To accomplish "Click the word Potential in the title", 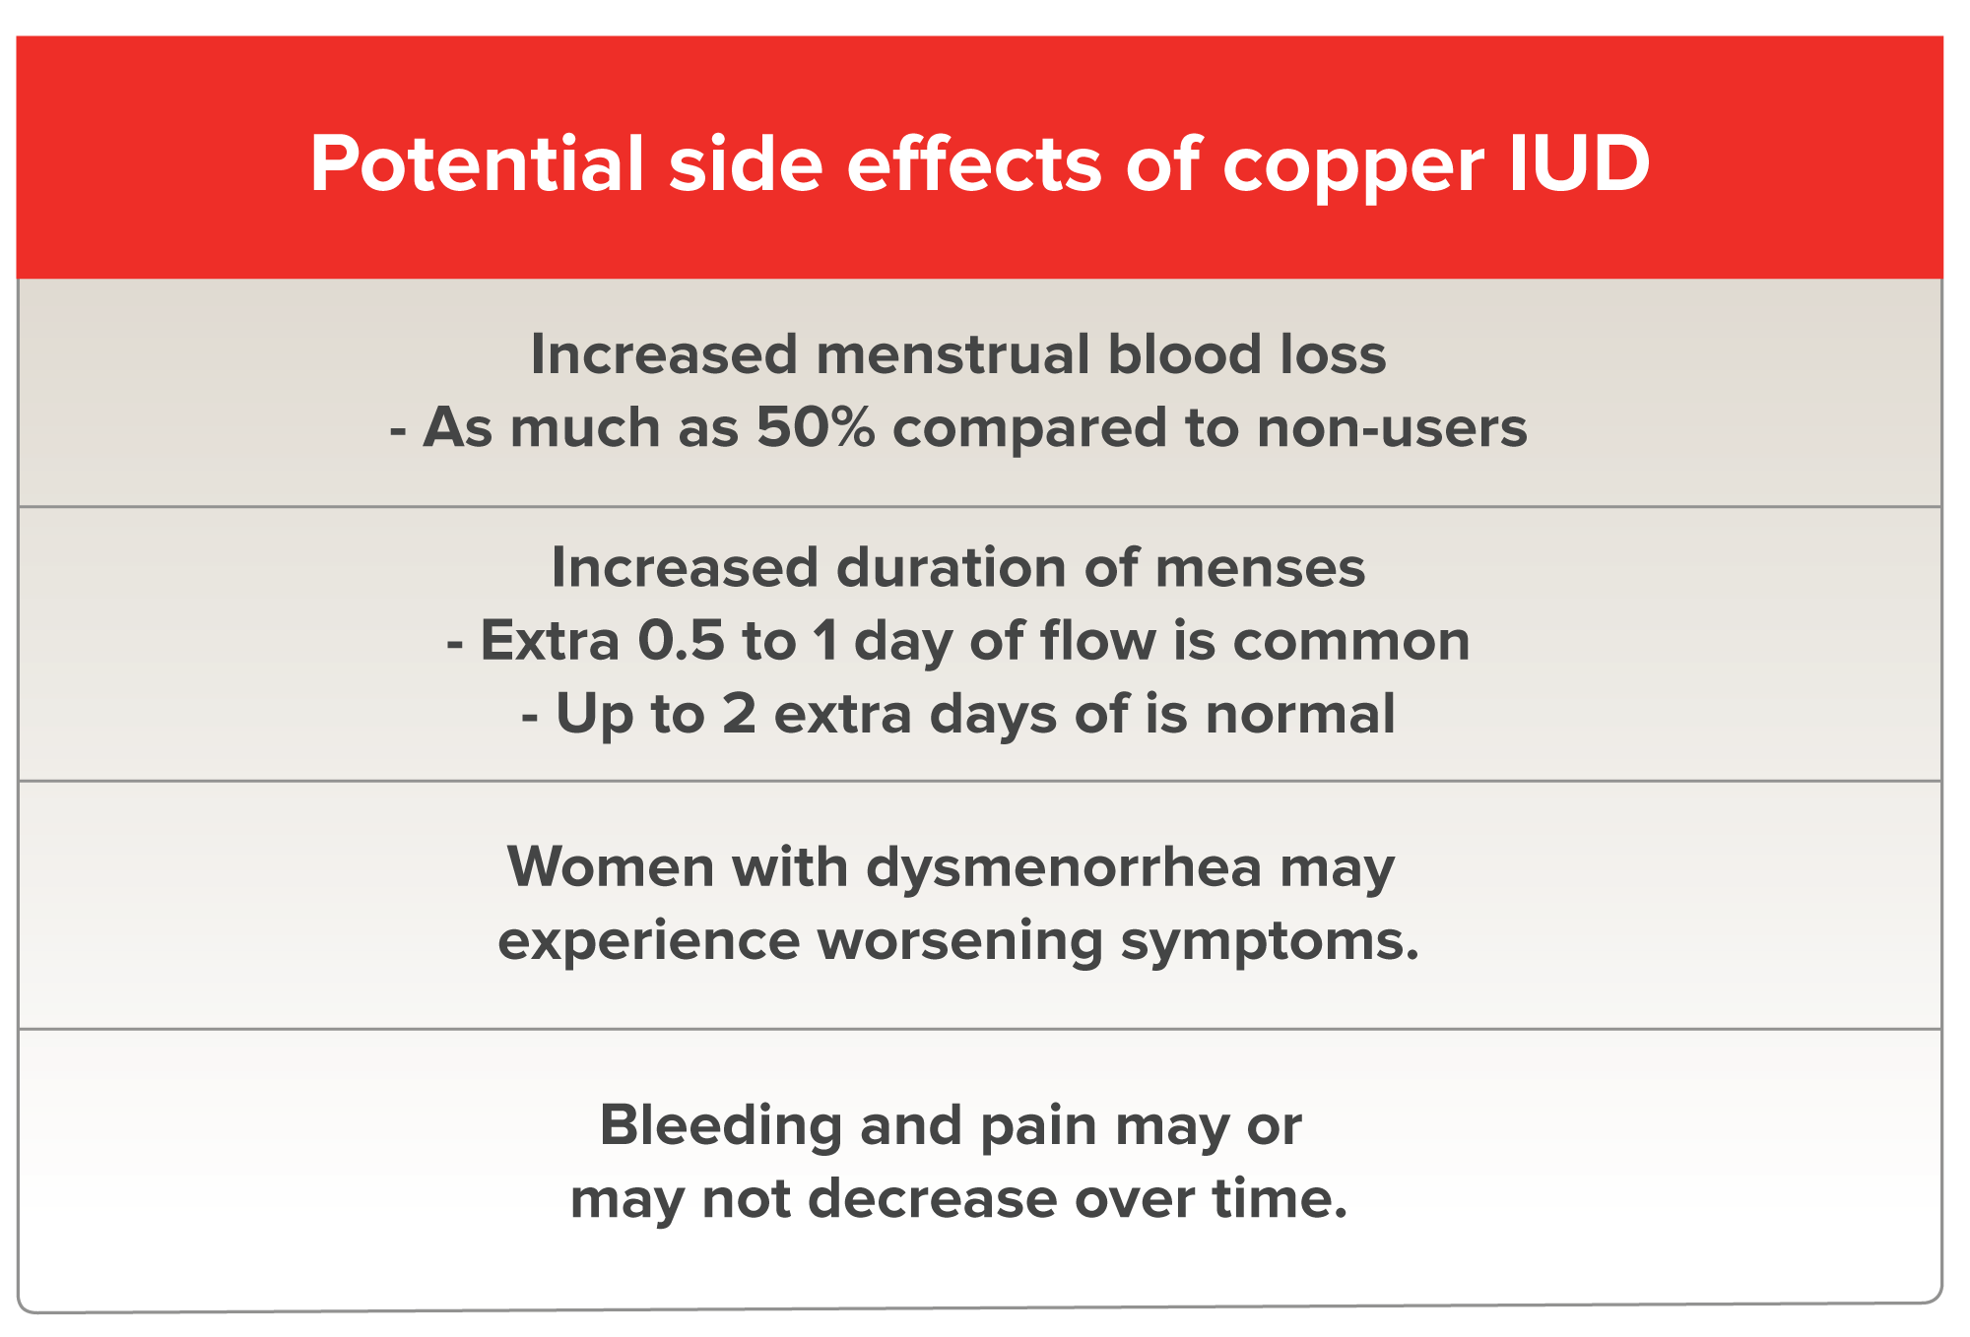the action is tap(477, 163).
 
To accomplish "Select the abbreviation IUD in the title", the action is tap(1580, 163).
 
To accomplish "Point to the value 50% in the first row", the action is tap(816, 427).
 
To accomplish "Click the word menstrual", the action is tap(952, 353).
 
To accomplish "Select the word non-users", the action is tap(1392, 428).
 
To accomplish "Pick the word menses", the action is tap(1260, 569).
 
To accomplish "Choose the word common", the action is tap(1351, 642).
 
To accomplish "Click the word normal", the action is tap(1300, 714).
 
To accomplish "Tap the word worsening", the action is tap(960, 942).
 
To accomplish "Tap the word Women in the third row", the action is tap(609, 867).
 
